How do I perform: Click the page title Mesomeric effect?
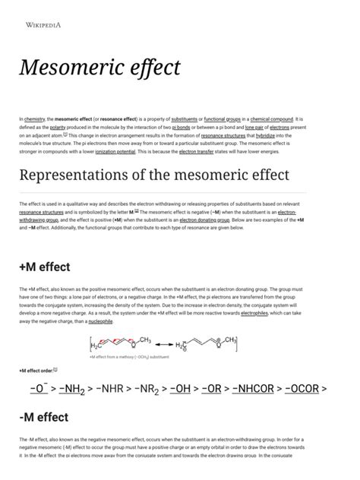(99, 68)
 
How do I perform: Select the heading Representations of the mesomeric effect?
(154, 175)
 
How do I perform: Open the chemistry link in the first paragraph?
(35, 119)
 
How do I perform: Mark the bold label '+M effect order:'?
(36, 370)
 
